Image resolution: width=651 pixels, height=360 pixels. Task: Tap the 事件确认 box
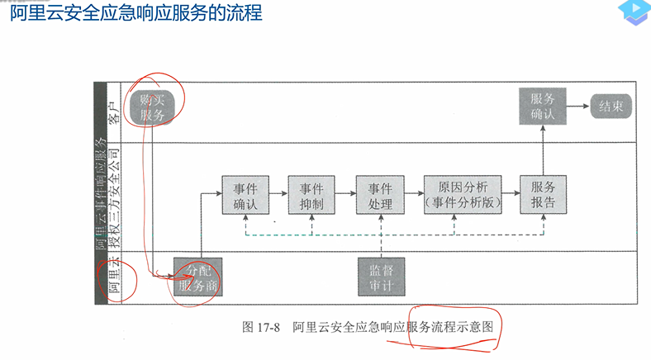coord(246,196)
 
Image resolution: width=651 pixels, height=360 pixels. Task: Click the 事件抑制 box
coord(311,196)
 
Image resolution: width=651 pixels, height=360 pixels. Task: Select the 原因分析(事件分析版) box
coord(461,196)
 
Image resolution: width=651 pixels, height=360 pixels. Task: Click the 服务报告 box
coord(543,196)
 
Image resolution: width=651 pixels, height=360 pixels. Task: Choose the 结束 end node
coord(611,107)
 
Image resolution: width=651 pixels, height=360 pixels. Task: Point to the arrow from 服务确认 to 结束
coord(577,107)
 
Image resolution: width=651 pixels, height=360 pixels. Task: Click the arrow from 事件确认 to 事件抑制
coord(278,196)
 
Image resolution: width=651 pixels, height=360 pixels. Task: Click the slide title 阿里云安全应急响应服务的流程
coord(136,14)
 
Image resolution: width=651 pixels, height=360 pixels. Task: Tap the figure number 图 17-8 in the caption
coord(260,327)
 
